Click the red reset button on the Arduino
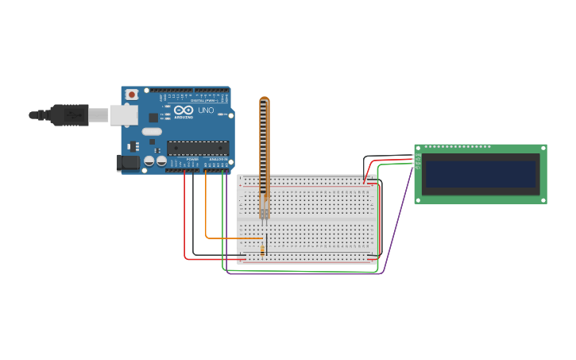pyautogui.click(x=131, y=95)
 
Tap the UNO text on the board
pyautogui.click(x=206, y=110)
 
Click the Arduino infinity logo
pyautogui.click(x=184, y=110)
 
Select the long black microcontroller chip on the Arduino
pyautogui.click(x=198, y=147)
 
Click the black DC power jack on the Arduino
pyautogui.click(x=127, y=163)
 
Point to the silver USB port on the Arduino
pyautogui.click(x=123, y=115)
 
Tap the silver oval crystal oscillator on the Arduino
pyautogui.click(x=152, y=131)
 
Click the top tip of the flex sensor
pyautogui.click(x=265, y=99)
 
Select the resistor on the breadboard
pyautogui.click(x=262, y=250)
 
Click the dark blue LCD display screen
pyautogui.click(x=481, y=174)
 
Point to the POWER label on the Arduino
pyautogui.click(x=192, y=160)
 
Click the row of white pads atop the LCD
pyautogui.click(x=458, y=147)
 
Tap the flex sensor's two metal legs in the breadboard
pyautogui.click(x=264, y=211)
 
